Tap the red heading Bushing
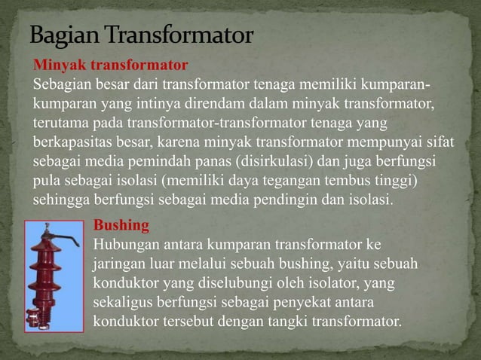coord(121,224)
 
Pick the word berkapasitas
coord(68,141)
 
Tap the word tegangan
coord(273,181)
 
